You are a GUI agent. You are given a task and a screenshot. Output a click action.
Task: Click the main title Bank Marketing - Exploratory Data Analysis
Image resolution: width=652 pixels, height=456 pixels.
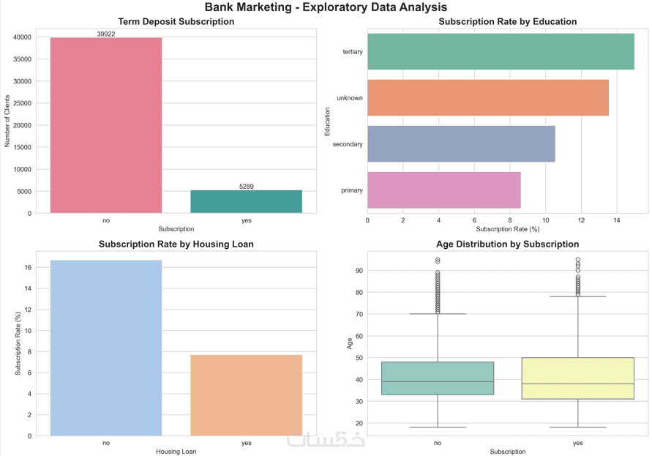click(326, 7)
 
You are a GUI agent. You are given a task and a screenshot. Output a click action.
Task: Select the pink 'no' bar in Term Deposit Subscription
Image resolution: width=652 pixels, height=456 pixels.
click(106, 125)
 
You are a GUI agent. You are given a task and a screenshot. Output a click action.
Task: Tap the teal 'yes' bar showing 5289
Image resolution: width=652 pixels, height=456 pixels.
click(246, 201)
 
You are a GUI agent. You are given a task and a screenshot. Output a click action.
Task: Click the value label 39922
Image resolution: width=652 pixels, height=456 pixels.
click(106, 34)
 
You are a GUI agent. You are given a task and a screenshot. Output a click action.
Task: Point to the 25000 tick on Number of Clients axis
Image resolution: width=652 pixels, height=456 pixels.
click(22, 103)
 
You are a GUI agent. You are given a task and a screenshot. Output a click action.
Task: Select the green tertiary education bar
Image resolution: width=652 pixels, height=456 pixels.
click(501, 51)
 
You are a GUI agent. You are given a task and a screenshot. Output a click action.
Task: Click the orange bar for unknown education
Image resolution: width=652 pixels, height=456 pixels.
click(488, 98)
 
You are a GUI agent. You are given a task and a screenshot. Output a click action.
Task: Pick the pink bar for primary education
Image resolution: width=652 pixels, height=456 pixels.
click(444, 190)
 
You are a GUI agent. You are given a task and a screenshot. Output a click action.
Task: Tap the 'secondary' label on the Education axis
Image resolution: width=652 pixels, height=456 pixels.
click(348, 144)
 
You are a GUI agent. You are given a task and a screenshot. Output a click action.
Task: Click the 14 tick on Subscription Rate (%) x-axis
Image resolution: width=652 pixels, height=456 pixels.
click(617, 220)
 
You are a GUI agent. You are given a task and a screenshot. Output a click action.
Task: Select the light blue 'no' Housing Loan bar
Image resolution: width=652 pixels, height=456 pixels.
click(106, 348)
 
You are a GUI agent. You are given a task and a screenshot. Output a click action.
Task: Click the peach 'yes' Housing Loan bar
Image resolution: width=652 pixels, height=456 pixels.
click(246, 395)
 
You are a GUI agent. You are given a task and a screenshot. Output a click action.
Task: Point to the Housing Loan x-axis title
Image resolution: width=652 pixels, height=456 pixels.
click(176, 452)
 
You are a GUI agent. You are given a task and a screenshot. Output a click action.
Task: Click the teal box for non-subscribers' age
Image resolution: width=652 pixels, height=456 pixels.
click(438, 378)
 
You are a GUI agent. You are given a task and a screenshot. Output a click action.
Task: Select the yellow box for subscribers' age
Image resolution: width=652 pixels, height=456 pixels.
click(577, 378)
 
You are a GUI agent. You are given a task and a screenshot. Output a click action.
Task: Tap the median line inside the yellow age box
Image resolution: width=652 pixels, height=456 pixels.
click(577, 384)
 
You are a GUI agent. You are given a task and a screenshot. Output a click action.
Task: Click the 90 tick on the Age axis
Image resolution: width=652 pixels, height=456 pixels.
click(359, 270)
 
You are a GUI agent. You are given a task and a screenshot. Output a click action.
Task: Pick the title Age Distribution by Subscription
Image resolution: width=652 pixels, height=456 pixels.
click(507, 244)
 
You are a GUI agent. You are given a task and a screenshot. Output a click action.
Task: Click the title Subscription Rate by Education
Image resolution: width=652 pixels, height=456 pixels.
click(507, 22)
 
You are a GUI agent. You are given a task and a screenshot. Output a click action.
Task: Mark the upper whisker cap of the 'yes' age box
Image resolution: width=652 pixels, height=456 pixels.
click(577, 296)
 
